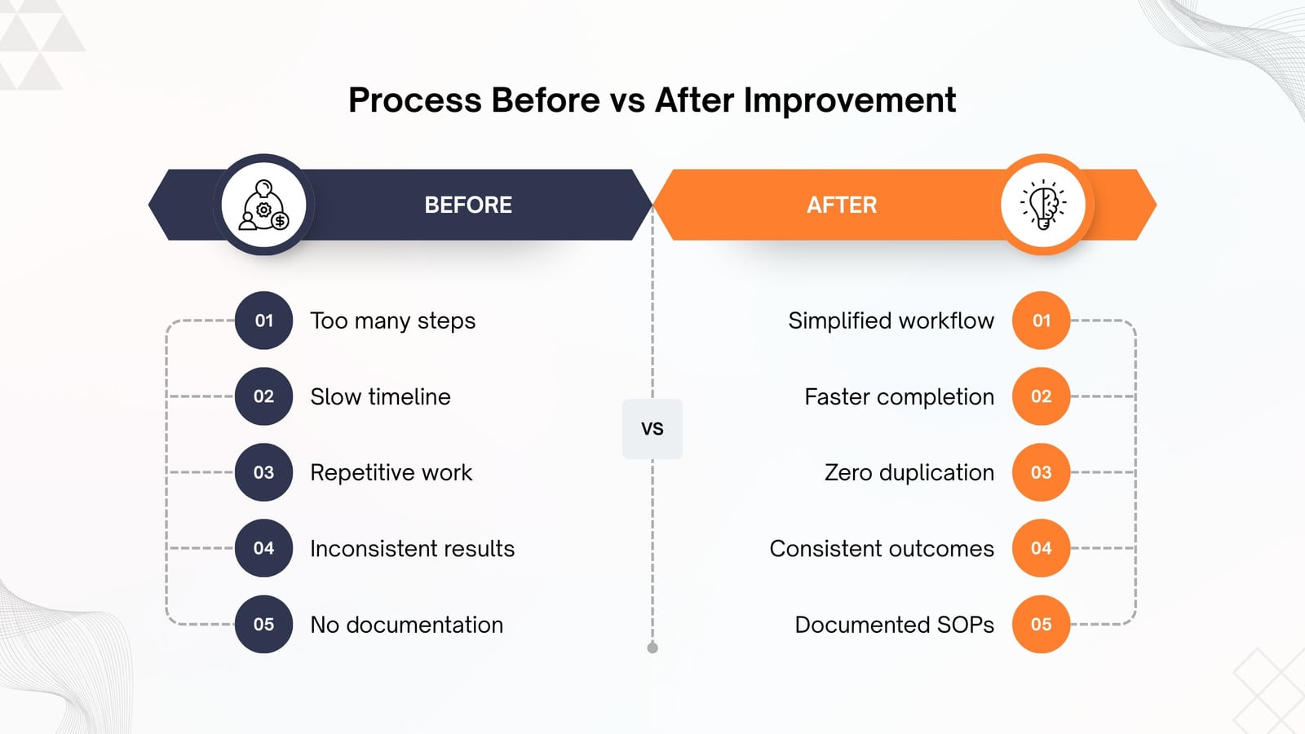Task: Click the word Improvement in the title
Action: tap(849, 101)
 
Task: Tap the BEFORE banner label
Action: tap(468, 205)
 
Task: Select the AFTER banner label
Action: tap(842, 205)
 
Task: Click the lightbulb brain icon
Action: tap(1043, 205)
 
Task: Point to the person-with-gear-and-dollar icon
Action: tap(263, 205)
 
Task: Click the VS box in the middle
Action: tap(652, 429)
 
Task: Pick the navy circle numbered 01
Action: tap(264, 321)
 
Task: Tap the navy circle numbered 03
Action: tap(264, 472)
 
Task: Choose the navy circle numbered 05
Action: tap(264, 625)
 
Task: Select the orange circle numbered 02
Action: tap(1041, 396)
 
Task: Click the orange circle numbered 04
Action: tap(1041, 548)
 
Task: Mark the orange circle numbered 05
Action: tap(1041, 625)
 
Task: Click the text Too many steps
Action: tap(392, 321)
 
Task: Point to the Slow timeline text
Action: tap(380, 396)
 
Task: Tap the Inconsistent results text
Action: tap(413, 549)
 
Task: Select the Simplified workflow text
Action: tap(891, 321)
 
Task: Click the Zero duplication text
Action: tap(909, 473)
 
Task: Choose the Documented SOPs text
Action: tap(894, 625)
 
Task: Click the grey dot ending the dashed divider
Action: tap(652, 648)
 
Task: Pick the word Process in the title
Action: tap(415, 99)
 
